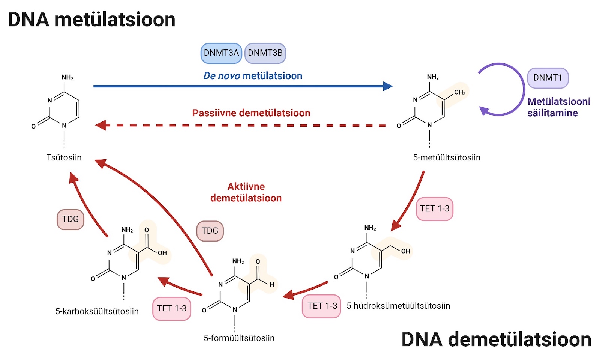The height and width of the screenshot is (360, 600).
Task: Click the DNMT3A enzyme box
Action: [x=221, y=53]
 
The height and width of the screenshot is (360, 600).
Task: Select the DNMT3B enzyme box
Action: [x=265, y=53]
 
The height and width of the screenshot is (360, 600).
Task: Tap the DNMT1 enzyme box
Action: [x=547, y=78]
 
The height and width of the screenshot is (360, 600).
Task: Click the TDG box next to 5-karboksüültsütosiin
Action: [x=70, y=219]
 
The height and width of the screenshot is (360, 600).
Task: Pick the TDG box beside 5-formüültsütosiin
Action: [x=210, y=231]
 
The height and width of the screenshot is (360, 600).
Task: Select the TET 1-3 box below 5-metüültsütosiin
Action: [x=434, y=209]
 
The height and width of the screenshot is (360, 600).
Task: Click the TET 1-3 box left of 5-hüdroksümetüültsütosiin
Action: [x=322, y=306]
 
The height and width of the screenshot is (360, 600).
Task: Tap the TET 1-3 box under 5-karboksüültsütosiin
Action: [x=172, y=308]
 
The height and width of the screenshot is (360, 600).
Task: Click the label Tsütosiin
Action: [x=64, y=157]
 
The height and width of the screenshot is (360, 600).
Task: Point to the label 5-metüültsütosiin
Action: [x=447, y=157]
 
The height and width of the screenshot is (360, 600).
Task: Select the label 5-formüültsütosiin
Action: [x=239, y=338]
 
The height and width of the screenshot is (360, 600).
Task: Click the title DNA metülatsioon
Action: [x=92, y=19]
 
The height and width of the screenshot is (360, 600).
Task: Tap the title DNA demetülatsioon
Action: [x=496, y=339]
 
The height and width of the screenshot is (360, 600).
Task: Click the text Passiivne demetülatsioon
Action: [x=251, y=113]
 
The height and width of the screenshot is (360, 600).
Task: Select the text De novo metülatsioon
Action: [x=253, y=76]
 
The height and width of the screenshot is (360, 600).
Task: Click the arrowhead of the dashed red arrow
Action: [x=101, y=125]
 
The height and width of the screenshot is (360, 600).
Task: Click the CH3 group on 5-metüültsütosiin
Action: [x=459, y=92]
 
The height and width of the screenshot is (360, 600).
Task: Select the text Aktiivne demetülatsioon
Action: [x=246, y=192]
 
